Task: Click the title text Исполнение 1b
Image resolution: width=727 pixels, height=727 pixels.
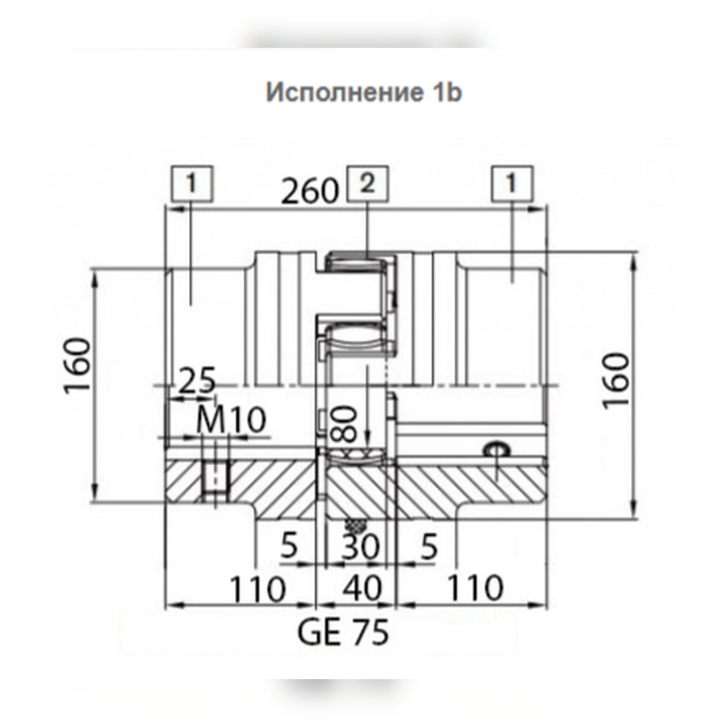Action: coord(363,93)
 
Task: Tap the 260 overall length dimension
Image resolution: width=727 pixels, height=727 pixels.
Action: coord(310,191)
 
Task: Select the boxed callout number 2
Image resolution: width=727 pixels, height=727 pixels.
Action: coord(368,184)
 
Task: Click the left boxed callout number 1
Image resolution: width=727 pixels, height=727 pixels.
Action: coord(192,184)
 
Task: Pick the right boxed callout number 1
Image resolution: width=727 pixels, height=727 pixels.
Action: coord(512,184)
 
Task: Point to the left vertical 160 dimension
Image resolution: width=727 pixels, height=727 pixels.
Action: coord(78,366)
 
